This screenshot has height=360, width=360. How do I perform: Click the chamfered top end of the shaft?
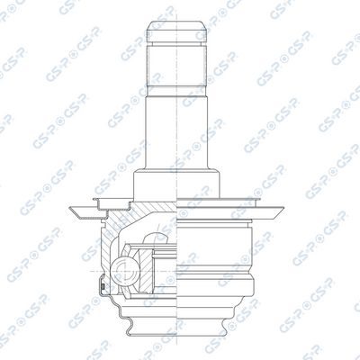(x=177, y=31)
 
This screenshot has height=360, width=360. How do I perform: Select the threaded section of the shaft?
(x=177, y=66)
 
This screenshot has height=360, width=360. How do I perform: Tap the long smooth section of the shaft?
(x=177, y=132)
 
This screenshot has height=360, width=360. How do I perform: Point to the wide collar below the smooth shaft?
(x=177, y=184)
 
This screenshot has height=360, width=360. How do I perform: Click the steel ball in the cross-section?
(x=125, y=271)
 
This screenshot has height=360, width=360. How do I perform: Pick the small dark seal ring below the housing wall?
(x=103, y=286)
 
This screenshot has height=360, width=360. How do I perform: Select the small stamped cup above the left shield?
(x=112, y=204)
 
